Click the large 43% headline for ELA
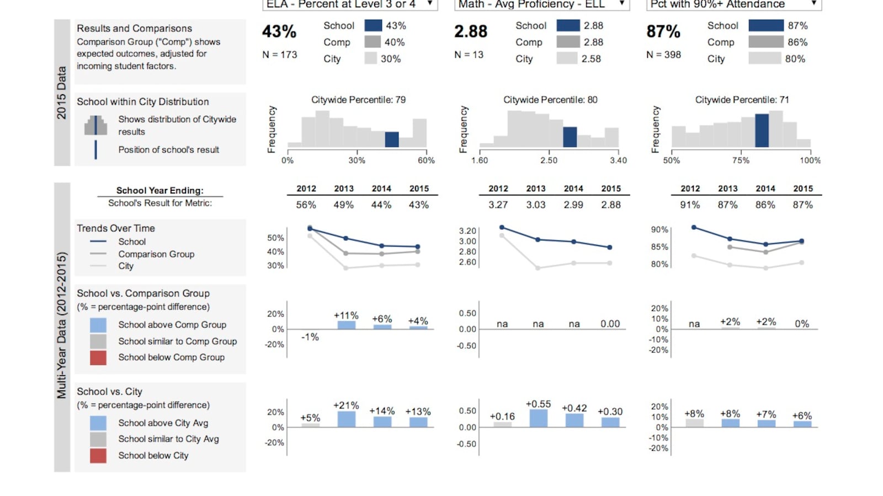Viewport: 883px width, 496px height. (279, 31)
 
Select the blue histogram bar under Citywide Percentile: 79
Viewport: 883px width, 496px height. (392, 139)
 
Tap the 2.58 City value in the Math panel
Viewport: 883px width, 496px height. (591, 58)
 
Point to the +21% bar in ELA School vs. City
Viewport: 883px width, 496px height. (347, 419)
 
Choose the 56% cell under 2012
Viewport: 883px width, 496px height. (306, 204)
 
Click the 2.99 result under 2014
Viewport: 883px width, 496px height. (573, 204)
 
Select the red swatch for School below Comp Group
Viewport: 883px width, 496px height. (98, 357)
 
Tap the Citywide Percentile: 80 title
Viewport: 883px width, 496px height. (550, 100)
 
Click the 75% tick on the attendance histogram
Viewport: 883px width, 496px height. (741, 160)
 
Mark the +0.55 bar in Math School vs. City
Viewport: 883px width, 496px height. (538, 418)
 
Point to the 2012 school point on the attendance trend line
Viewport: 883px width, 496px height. (694, 227)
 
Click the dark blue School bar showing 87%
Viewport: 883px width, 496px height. (765, 25)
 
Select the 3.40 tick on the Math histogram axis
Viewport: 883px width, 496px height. (618, 160)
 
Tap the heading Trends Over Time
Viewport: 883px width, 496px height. (116, 228)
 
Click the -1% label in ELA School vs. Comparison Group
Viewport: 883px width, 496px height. (310, 337)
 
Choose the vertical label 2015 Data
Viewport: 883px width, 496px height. (61, 93)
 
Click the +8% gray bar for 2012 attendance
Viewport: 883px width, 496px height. (694, 423)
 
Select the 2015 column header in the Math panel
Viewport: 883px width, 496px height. (611, 188)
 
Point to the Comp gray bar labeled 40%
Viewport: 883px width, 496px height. (373, 42)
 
